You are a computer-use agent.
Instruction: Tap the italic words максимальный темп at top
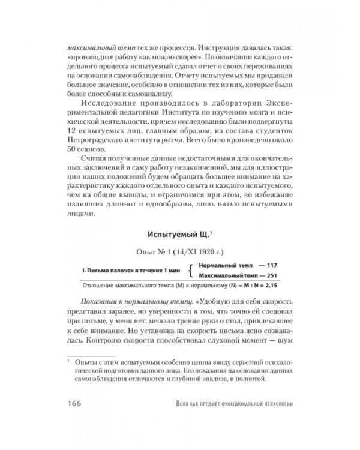pyautogui.click(x=96, y=46)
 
